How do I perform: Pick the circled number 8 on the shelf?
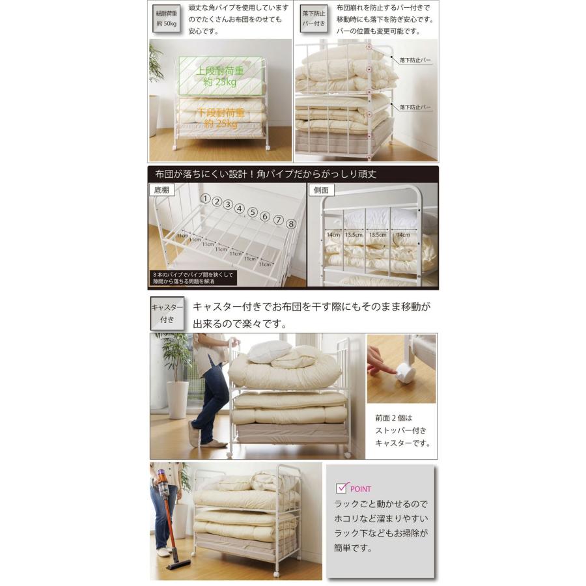291,223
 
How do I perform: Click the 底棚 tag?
161,191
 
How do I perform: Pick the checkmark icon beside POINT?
342,487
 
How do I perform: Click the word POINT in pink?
361,489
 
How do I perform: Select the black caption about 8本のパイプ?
193,278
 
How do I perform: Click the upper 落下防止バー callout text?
415,60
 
